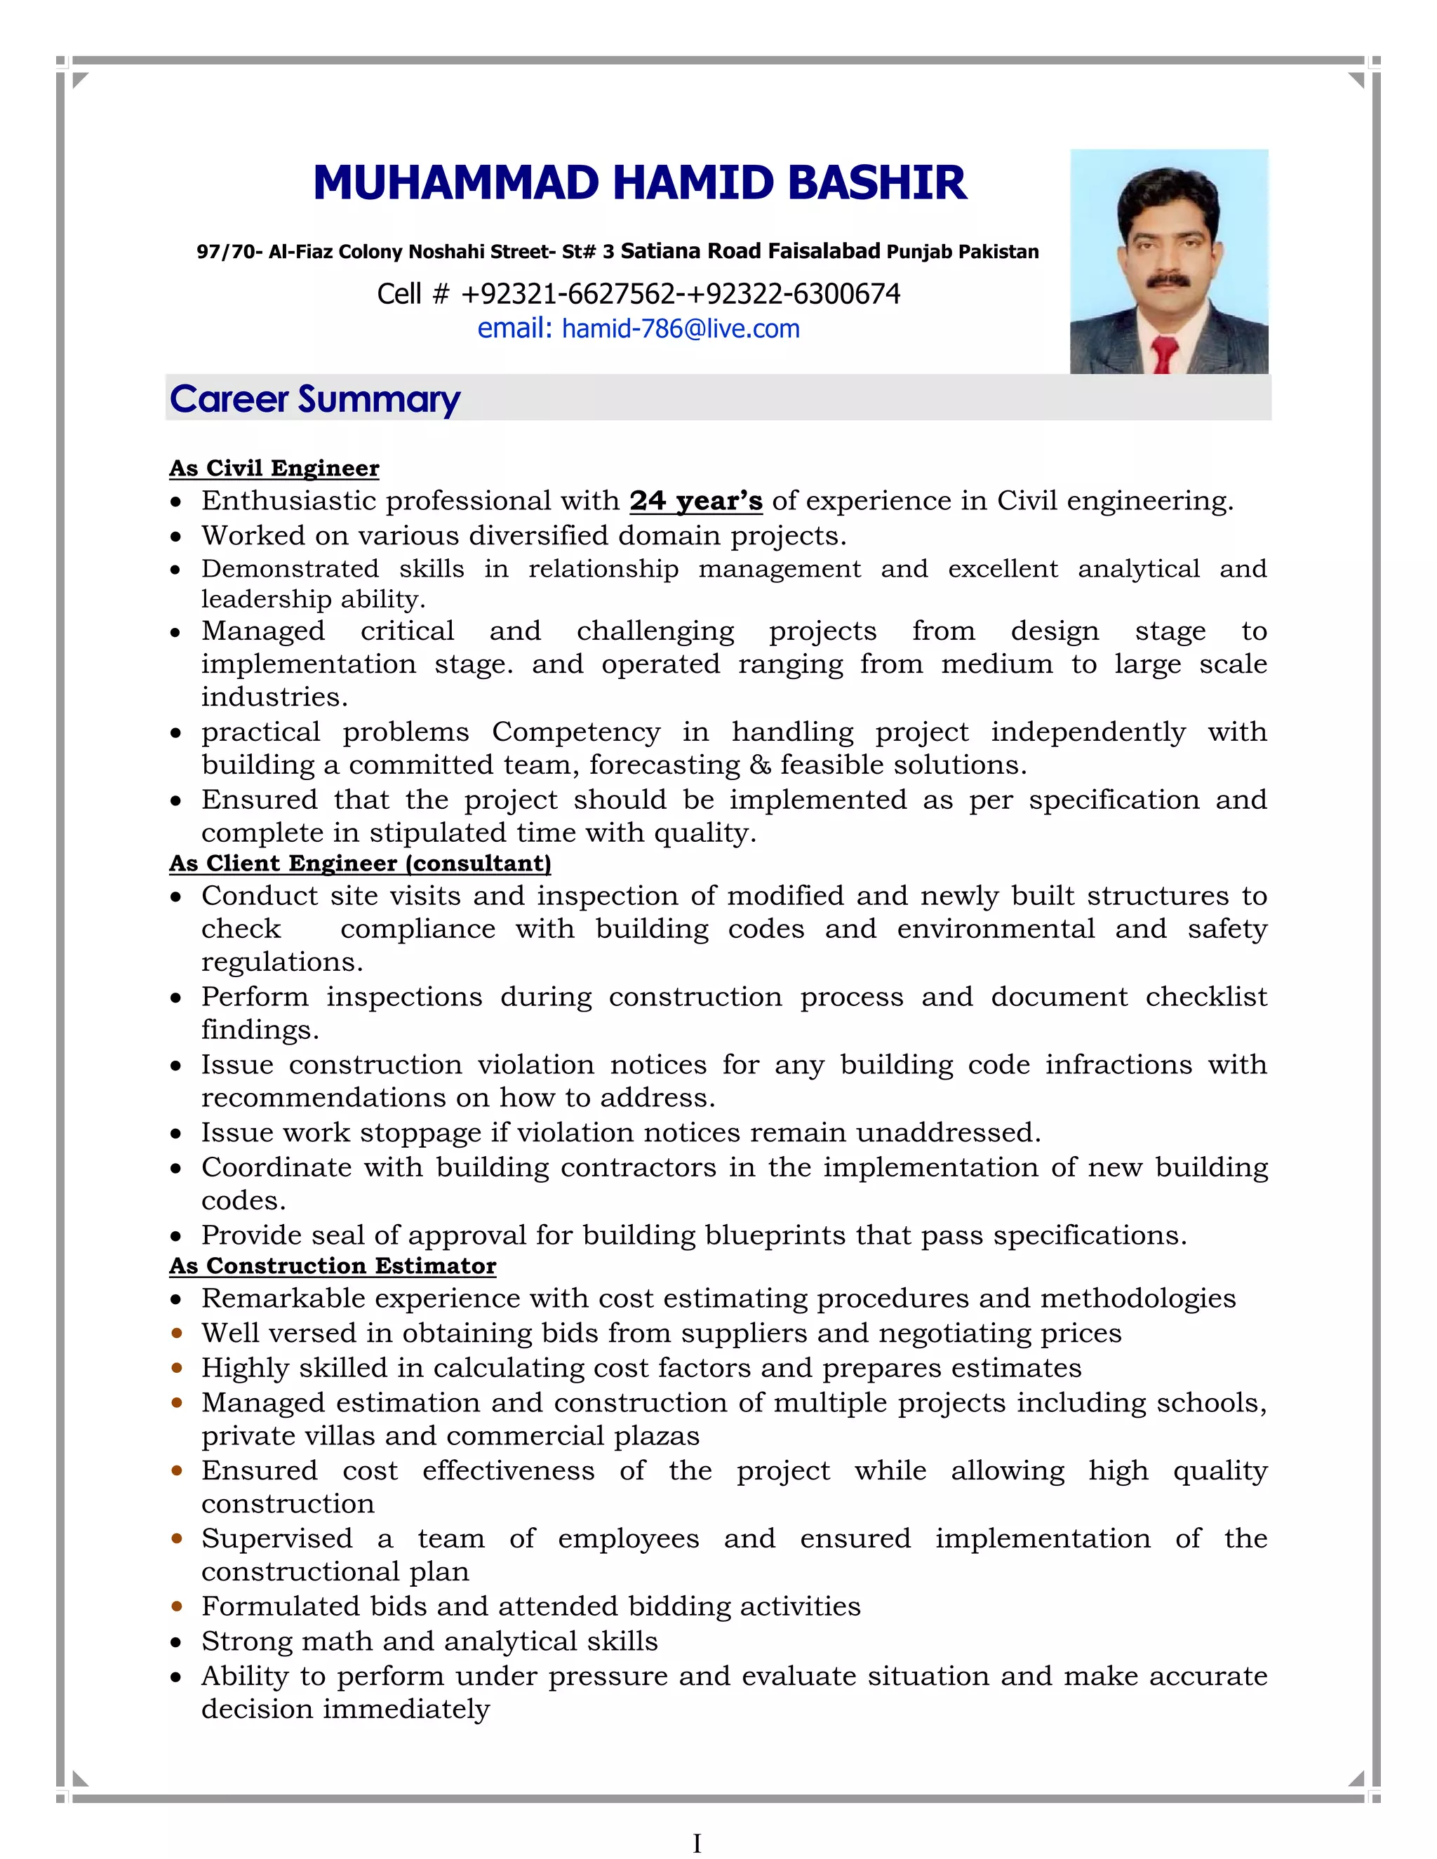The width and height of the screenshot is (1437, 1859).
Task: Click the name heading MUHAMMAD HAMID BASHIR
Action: tap(639, 183)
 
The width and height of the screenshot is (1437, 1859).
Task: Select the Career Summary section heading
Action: tap(314, 399)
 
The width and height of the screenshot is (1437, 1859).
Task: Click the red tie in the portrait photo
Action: tap(1164, 354)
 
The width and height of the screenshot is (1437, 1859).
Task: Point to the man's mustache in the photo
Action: tap(1167, 280)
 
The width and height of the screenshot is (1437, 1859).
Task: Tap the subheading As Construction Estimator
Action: tap(332, 1266)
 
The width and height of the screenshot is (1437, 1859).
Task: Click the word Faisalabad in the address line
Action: tap(823, 251)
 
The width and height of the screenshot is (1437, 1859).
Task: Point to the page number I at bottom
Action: tap(696, 1844)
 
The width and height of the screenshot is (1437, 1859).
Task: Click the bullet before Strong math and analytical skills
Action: tap(176, 1643)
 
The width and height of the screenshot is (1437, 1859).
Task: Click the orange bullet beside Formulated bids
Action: tap(176, 1607)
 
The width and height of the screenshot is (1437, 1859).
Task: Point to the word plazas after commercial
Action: tap(656, 1436)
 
